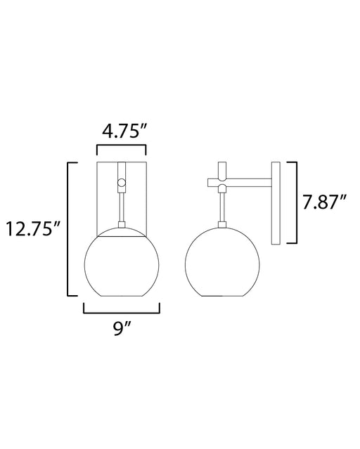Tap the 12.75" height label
[x=33, y=228]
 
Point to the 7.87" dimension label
[x=325, y=202]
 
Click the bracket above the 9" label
[x=122, y=313]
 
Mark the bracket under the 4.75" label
[x=122, y=146]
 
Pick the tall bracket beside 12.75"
[x=68, y=229]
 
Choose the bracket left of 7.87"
[x=296, y=203]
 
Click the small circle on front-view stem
[x=122, y=182]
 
